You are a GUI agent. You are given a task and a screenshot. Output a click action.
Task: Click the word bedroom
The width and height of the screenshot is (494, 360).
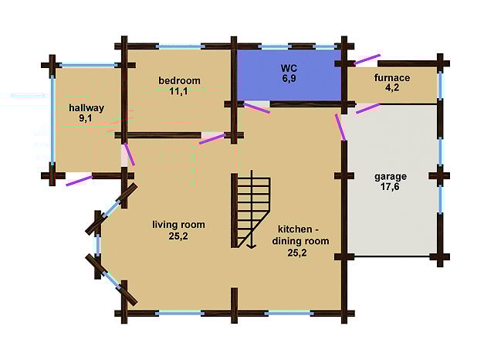(179, 80)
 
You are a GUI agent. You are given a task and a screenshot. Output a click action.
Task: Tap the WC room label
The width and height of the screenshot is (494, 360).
(289, 68)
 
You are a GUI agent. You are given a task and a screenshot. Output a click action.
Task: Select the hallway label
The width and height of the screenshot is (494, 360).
(86, 108)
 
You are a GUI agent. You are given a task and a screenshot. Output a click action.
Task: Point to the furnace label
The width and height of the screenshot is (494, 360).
(392, 78)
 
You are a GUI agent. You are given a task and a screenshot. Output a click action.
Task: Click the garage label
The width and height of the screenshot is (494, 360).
(391, 177)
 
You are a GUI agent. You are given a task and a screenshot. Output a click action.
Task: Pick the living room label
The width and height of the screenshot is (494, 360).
(178, 225)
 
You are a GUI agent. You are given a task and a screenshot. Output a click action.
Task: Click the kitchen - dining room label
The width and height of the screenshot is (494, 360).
(300, 235)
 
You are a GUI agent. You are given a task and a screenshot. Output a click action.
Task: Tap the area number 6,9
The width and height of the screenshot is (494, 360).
(289, 79)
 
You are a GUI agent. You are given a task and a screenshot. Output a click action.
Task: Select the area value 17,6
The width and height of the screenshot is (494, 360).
(390, 187)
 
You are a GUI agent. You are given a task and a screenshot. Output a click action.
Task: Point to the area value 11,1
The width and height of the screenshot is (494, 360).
(178, 91)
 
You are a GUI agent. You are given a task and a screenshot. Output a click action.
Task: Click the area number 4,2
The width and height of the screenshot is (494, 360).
(392, 87)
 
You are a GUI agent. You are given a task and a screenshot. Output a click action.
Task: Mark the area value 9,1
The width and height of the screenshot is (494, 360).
(86, 118)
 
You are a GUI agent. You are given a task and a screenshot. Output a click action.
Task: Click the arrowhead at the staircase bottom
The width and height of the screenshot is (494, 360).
(251, 246)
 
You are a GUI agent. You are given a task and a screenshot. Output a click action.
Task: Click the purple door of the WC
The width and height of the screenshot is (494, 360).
(257, 107)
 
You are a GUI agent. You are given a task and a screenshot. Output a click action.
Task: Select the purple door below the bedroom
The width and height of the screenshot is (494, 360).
(213, 139)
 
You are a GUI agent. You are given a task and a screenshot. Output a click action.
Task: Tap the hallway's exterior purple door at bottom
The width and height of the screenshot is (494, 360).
(79, 181)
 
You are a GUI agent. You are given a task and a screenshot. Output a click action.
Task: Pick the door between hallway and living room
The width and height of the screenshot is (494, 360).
(129, 155)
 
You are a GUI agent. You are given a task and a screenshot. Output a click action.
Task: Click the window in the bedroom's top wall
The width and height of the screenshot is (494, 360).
(180, 47)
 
